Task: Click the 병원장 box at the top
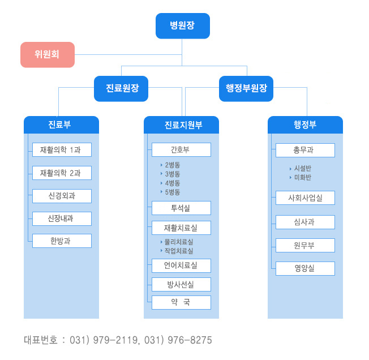click(183, 26)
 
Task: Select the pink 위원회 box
click(48, 54)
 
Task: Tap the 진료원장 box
click(121, 88)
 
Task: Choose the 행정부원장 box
click(246, 88)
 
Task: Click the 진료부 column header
click(62, 125)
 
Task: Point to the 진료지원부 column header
click(182, 125)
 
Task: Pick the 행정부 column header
click(305, 125)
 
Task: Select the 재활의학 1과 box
click(62, 149)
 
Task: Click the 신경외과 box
click(62, 196)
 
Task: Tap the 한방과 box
click(62, 241)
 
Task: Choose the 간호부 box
click(182, 149)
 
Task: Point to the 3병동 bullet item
click(170, 174)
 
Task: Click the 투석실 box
click(182, 208)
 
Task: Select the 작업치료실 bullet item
click(177, 251)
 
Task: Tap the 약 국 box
click(182, 302)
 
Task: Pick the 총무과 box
click(305, 150)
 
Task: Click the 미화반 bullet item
click(301, 177)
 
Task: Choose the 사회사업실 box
click(305, 198)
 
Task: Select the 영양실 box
click(305, 268)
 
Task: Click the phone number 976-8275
click(190, 340)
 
